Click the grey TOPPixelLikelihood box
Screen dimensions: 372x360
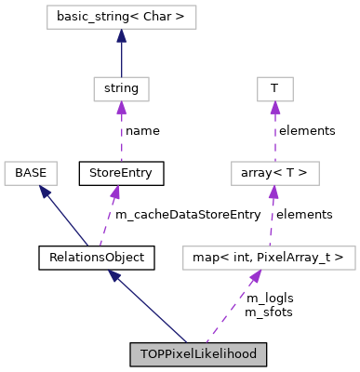pos(198,354)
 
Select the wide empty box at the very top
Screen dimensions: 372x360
pos(121,17)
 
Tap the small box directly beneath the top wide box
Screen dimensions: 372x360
pos(121,89)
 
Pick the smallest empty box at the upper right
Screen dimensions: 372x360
pos(274,89)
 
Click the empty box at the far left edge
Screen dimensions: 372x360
pos(31,173)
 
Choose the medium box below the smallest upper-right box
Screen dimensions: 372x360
pos(274,173)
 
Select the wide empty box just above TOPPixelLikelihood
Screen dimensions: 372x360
pos(269,258)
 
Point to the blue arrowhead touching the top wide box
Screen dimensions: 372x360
pos(121,36)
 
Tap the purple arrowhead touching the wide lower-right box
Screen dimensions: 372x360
pos(253,277)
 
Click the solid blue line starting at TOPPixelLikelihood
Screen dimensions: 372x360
pos(149,307)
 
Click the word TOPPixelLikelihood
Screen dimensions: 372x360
pos(198,354)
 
